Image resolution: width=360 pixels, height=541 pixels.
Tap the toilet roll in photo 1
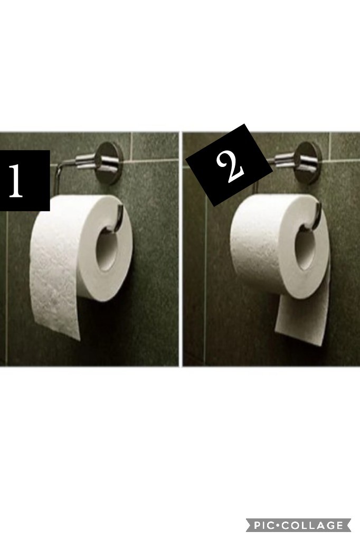82,262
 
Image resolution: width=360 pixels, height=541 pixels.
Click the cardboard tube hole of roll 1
109,247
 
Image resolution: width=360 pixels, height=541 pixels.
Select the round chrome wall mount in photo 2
308,162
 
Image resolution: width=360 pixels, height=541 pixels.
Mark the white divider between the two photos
181,249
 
